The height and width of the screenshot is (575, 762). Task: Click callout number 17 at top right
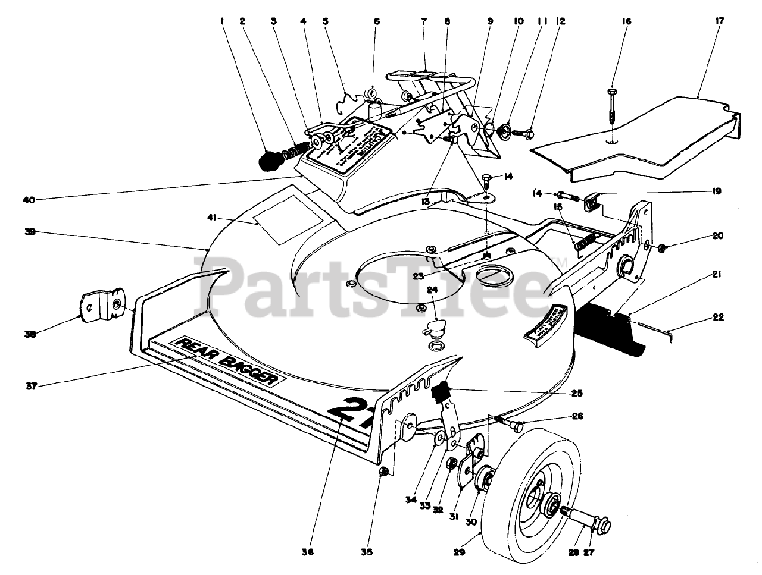(x=719, y=21)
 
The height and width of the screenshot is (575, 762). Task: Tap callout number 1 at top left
(x=221, y=21)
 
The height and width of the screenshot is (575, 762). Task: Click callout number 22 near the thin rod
(x=718, y=317)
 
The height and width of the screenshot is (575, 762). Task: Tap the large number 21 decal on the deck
(x=351, y=414)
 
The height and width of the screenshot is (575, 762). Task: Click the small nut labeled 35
(x=384, y=472)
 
